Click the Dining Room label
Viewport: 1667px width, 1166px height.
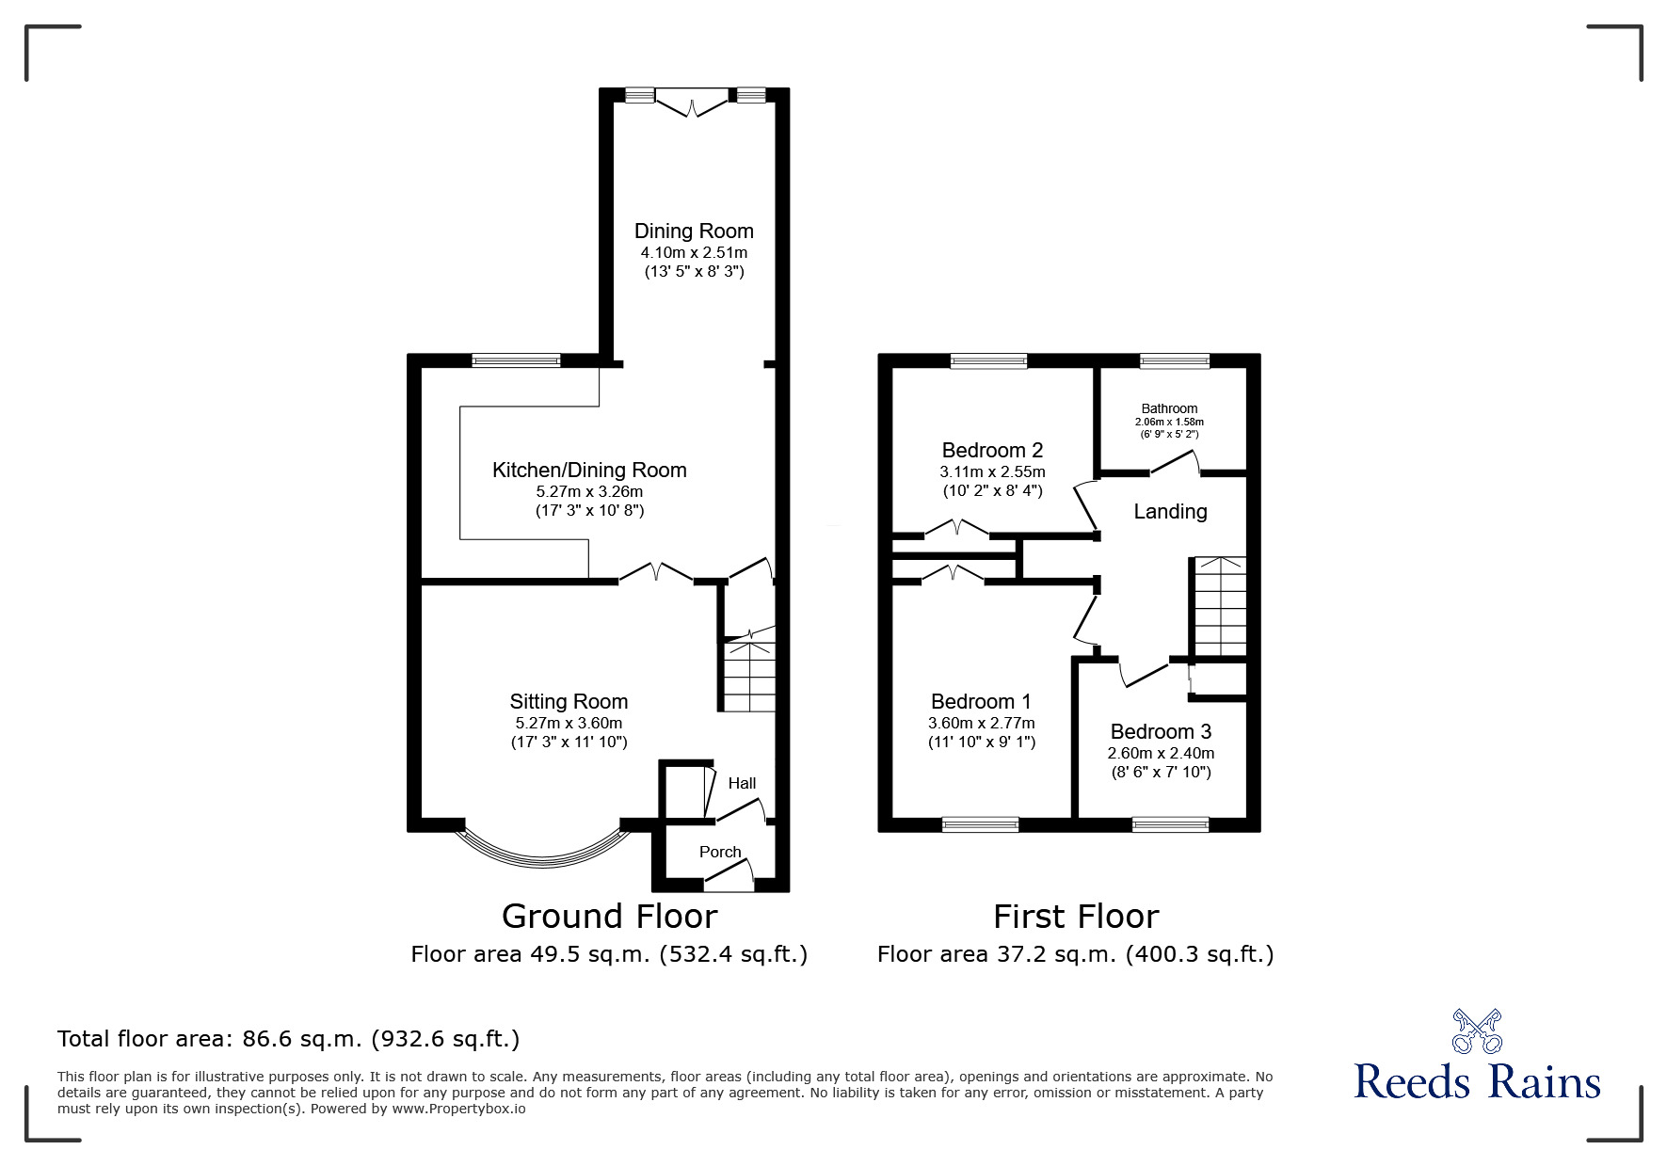pyautogui.click(x=694, y=232)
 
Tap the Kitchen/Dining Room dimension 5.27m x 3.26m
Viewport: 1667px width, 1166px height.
pyautogui.click(x=589, y=491)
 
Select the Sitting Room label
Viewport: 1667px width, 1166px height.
pyautogui.click(x=569, y=701)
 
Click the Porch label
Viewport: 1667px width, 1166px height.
pyautogui.click(x=720, y=852)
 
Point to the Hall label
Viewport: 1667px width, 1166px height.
pyautogui.click(x=742, y=783)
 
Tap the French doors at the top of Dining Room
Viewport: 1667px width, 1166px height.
pyautogui.click(x=693, y=102)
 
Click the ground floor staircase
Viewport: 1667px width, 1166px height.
pyautogui.click(x=749, y=676)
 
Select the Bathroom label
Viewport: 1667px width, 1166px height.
pyautogui.click(x=1169, y=408)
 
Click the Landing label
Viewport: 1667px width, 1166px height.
pyautogui.click(x=1170, y=512)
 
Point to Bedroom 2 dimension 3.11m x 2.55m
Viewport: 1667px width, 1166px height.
pyautogui.click(x=992, y=471)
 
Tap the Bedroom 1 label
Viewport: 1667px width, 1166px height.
pyautogui.click(x=981, y=701)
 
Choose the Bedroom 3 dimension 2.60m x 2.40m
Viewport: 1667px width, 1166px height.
pyautogui.click(x=1161, y=753)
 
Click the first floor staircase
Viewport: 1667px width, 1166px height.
pyautogui.click(x=1220, y=607)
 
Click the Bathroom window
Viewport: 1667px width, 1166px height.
pyautogui.click(x=1175, y=360)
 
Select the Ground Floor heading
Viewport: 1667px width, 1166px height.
pyautogui.click(x=609, y=916)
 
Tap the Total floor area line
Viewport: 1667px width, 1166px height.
pyautogui.click(x=288, y=1039)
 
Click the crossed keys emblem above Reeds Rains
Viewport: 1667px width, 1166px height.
pyautogui.click(x=1477, y=1030)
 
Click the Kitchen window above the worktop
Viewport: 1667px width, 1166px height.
pyautogui.click(x=516, y=360)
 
